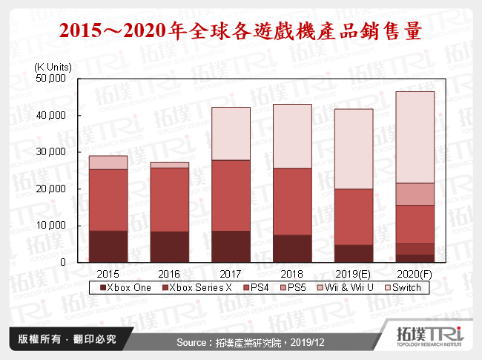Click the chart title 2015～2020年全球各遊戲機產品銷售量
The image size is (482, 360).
click(241, 31)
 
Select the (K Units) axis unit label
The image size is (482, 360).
click(54, 67)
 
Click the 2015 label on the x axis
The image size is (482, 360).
click(108, 274)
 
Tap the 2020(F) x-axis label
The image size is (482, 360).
click(415, 274)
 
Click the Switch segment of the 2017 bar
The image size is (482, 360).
click(231, 134)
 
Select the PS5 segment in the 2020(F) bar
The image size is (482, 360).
click(415, 194)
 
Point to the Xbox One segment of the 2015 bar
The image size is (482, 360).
click(108, 246)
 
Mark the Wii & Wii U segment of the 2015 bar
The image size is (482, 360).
click(108, 163)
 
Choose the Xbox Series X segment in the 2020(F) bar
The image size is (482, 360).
click(415, 249)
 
